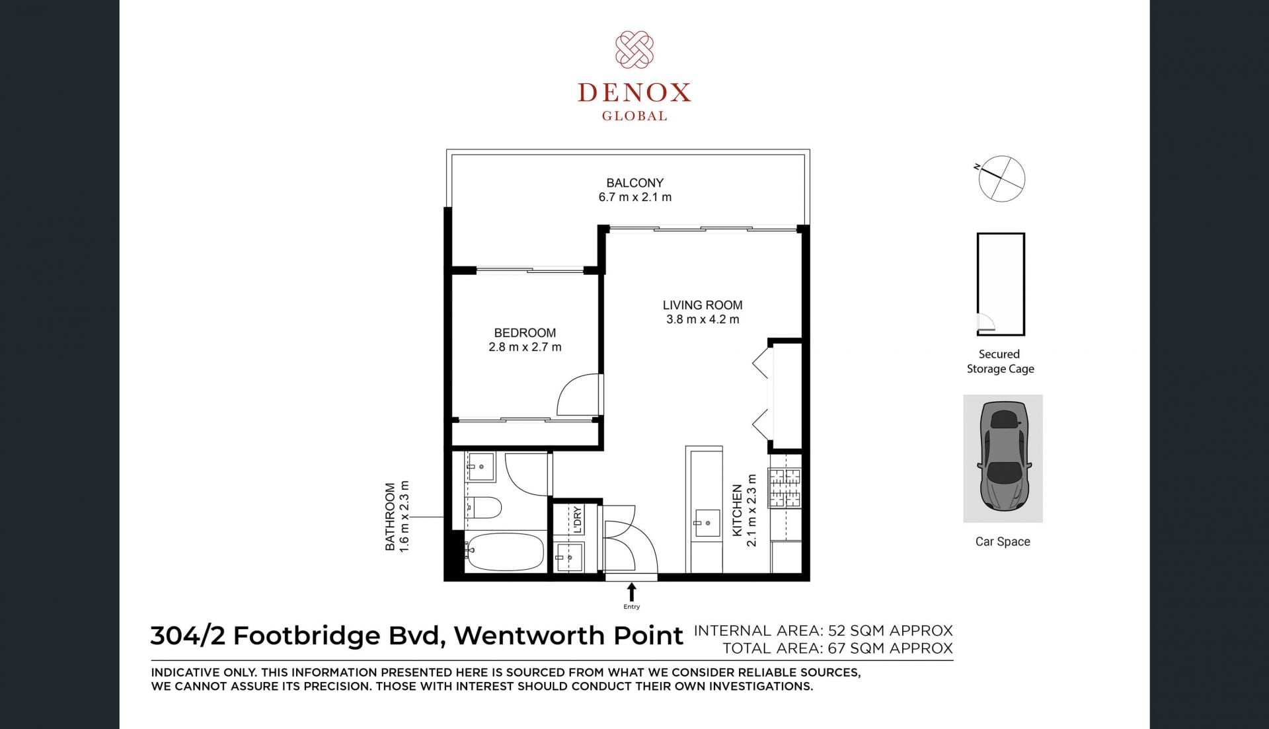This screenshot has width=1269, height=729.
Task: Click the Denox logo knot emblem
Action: point(634,50)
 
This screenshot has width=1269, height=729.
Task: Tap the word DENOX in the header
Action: point(634,93)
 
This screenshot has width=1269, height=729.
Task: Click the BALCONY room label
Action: point(635,182)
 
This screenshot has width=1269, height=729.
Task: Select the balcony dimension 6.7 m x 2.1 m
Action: point(635,197)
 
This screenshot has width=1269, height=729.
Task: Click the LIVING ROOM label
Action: point(703,305)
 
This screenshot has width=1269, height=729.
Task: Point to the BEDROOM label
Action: point(525,332)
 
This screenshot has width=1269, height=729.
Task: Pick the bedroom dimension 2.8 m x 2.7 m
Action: point(525,347)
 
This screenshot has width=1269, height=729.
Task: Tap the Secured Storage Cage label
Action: point(1000,362)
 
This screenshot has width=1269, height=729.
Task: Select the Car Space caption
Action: point(1003,541)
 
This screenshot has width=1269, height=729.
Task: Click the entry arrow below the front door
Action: point(631,592)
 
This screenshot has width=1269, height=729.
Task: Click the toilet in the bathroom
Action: point(483,508)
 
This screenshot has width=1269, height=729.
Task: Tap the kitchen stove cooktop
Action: point(785,488)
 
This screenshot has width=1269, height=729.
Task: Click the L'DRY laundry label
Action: point(577,520)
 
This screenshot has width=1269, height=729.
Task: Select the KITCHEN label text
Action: point(738,511)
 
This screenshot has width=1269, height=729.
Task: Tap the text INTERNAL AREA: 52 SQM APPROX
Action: point(823,631)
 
